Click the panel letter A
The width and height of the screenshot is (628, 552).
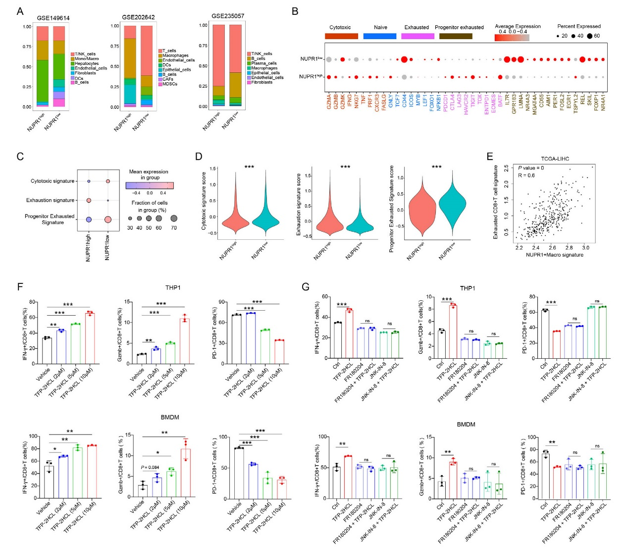20,11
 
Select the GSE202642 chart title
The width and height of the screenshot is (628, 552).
138,17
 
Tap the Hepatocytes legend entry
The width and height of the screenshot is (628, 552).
87,63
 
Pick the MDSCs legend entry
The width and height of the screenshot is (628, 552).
170,84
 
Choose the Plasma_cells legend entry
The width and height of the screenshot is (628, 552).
264,63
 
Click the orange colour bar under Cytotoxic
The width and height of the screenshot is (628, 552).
341,36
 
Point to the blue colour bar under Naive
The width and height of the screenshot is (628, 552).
380,36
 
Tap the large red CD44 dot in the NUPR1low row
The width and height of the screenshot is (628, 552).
404,59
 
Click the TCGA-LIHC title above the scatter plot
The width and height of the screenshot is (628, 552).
555,159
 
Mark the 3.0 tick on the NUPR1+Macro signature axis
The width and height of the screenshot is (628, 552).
585,247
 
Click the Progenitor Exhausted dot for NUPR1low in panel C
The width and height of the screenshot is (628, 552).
108,220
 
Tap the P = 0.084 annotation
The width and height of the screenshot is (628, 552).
151,467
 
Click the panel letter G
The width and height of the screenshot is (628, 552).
306,286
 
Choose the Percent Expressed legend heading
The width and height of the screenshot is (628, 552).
578,26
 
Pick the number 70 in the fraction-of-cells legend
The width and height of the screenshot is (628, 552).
174,228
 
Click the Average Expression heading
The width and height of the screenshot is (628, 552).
518,26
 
